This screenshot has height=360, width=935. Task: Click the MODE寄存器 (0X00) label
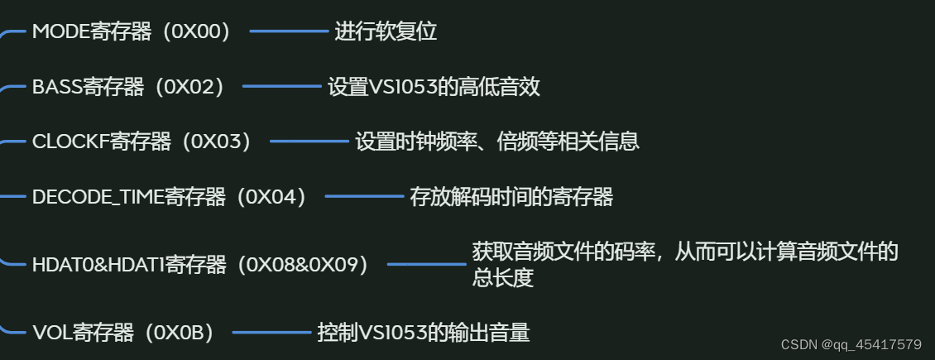click(131, 32)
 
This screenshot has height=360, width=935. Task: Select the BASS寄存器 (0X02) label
click(127, 87)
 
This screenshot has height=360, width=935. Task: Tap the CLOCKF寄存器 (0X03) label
click(141, 142)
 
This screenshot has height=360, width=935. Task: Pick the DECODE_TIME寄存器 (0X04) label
click(170, 197)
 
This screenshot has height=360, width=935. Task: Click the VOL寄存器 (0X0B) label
click(123, 334)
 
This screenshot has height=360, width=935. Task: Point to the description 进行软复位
click(386, 32)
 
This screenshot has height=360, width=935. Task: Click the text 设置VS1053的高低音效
click(434, 87)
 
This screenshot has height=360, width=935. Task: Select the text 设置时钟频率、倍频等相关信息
click(497, 142)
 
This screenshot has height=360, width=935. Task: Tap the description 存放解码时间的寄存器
click(511, 197)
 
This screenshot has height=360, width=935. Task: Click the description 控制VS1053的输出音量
click(424, 334)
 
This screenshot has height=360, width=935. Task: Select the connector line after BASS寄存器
click(282, 87)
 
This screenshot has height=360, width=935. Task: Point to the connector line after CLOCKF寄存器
click(309, 142)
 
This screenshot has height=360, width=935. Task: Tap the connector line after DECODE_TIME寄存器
click(364, 197)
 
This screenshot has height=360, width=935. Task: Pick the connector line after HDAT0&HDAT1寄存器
click(427, 265)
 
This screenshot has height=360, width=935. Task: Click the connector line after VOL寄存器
click(271, 334)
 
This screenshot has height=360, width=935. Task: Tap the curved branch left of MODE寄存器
click(12, 34)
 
